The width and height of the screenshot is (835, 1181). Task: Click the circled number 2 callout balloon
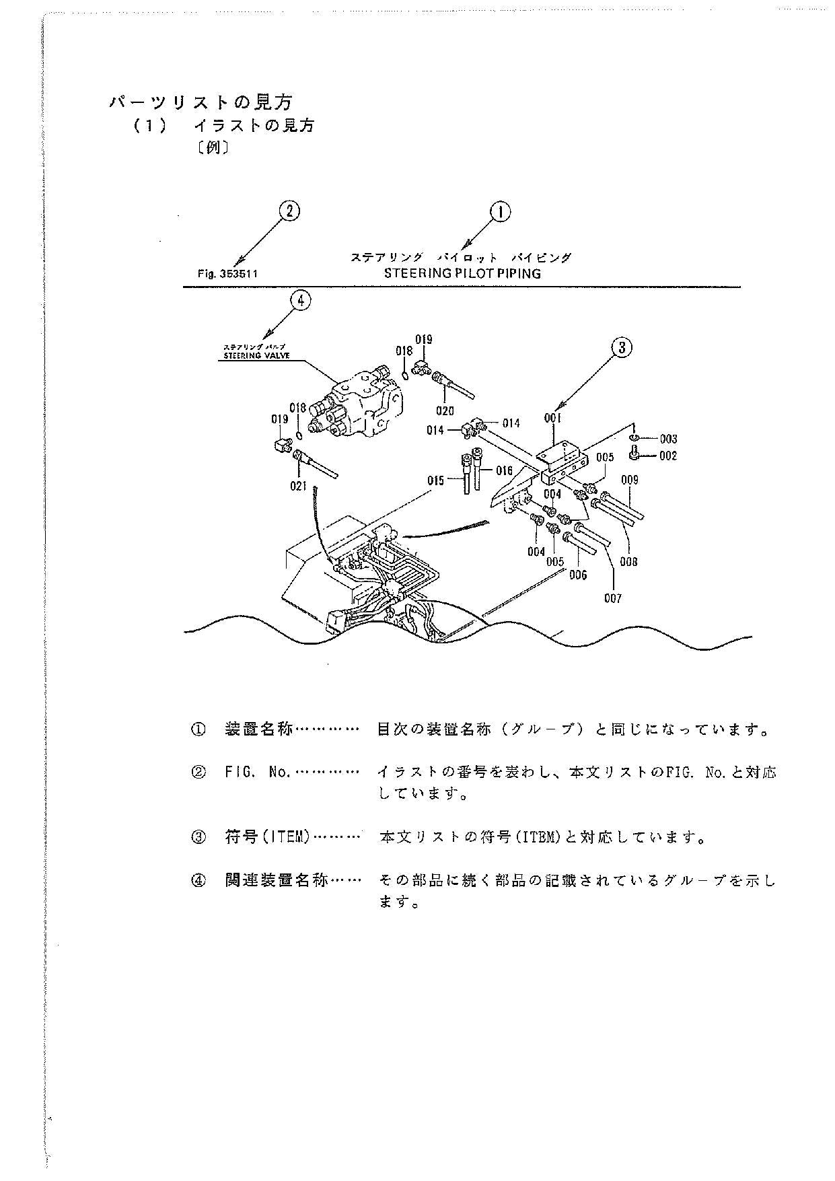point(289,211)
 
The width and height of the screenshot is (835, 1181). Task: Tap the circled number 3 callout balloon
point(622,347)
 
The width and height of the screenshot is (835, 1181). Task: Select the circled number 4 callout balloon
point(300,300)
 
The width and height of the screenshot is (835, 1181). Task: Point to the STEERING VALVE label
point(256,355)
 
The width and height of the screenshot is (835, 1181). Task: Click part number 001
point(552,418)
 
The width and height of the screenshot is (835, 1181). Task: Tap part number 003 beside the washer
point(667,439)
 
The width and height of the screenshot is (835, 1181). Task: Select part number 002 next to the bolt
point(667,456)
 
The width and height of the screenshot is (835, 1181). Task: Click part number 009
point(630,480)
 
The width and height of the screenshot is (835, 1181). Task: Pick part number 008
point(628,562)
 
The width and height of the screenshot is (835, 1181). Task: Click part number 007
point(612,598)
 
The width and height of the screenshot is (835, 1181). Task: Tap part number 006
point(577,575)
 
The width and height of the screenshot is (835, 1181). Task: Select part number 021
point(298,486)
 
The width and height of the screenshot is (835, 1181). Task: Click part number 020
point(445,411)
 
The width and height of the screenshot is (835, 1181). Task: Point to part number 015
point(435,480)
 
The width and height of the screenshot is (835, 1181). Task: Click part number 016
point(504,471)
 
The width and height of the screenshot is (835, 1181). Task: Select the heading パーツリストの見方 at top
point(201,102)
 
